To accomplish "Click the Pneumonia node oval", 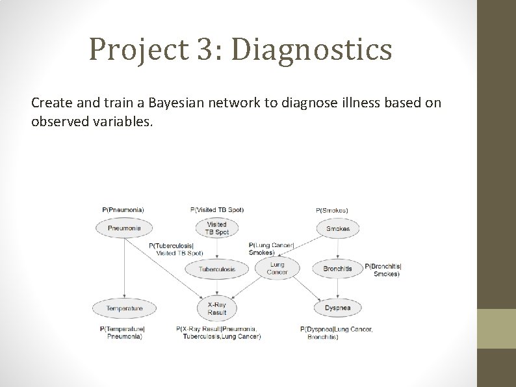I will [123, 228].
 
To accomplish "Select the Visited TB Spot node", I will [217, 228].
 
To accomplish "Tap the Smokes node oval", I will [337, 228].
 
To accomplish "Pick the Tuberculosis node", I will [217, 269].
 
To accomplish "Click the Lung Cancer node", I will [277, 268].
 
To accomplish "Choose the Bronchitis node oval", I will [337, 269].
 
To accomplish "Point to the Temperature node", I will [124, 308].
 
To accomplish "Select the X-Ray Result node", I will [217, 308].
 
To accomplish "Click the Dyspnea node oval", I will [337, 308].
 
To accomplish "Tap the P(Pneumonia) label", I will [123, 210].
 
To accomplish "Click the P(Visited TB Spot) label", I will [217, 210].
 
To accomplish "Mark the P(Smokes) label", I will [331, 211].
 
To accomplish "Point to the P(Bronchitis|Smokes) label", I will [383, 270].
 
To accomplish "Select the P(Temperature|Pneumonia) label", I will [123, 333].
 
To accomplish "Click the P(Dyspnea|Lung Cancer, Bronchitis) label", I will [336, 333].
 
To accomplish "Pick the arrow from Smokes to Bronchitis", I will [337, 248].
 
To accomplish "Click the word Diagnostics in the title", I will [311, 49].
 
